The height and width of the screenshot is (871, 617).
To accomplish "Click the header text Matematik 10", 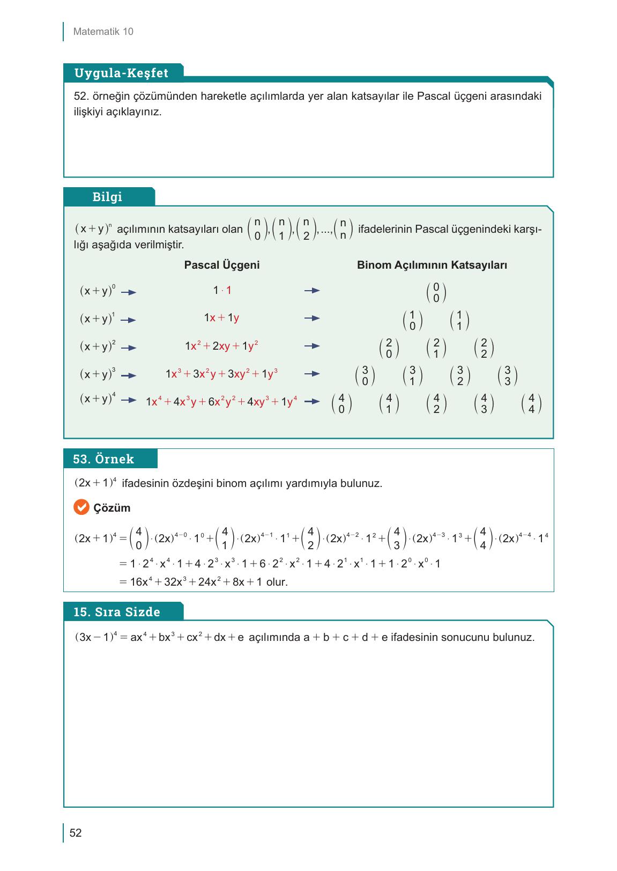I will click(103, 32).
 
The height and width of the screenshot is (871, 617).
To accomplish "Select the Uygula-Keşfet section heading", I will click(121, 73).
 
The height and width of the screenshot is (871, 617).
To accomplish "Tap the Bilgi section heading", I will click(107, 197).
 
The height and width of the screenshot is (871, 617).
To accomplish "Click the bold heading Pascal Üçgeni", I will click(221, 265).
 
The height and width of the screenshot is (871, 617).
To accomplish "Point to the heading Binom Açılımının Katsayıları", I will click(432, 265).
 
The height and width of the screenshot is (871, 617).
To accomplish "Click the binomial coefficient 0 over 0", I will click(436, 293).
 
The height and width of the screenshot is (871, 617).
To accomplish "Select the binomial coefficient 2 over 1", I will click(436, 349).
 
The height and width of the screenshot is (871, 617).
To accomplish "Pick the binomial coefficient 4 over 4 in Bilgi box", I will click(531, 404).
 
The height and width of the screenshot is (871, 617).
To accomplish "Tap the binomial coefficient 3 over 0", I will click(365, 376).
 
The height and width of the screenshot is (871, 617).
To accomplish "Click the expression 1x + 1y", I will click(221, 318).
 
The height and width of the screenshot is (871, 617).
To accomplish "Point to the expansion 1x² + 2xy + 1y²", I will click(221, 346).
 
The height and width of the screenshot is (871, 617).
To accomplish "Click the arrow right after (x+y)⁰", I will click(129, 293).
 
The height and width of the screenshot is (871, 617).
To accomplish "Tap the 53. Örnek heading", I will click(103, 459).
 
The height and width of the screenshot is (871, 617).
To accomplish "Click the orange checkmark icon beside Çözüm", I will click(81, 507).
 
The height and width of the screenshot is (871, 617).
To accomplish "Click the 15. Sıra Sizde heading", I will click(117, 612).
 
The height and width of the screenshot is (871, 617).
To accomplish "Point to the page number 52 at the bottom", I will click(76, 833).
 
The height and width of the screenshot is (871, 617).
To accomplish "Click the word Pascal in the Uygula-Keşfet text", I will click(433, 97).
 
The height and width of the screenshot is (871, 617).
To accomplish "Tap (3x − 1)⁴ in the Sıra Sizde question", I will click(95, 637).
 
